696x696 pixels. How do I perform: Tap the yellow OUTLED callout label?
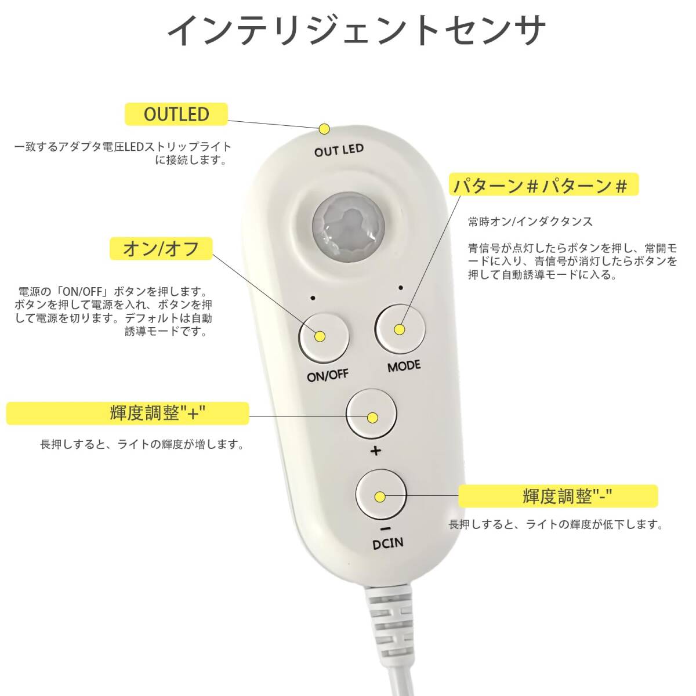coord(176,114)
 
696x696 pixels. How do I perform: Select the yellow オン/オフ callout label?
coord(161,248)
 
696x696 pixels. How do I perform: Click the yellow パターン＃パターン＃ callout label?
coord(543,184)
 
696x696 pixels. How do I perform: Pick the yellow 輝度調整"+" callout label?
coord(128,413)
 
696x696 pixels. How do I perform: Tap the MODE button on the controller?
coord(400,329)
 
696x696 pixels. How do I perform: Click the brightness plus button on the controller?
coord(372,414)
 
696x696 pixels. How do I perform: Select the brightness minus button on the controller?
coord(381,495)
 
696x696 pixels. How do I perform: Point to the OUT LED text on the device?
coord(339,150)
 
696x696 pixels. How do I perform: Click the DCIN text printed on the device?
coord(387,543)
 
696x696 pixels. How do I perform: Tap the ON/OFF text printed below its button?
coord(328,375)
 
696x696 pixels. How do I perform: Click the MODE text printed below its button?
coord(404,366)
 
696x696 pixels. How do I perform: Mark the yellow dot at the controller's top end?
coord(324,129)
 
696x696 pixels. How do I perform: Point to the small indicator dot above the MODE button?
coord(401,288)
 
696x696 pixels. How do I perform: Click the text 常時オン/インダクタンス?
coord(530,222)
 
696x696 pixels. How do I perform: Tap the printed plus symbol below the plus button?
coord(376,451)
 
